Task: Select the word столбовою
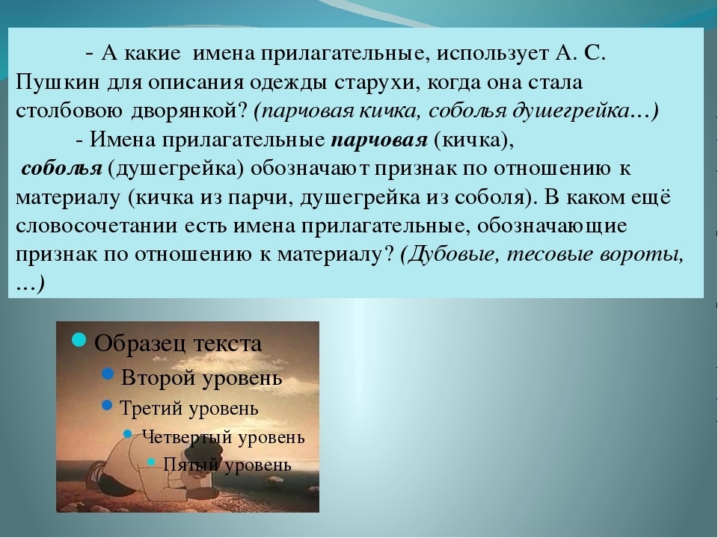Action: click(69, 111)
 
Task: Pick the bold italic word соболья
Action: click(62, 168)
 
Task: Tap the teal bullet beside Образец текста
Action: click(79, 340)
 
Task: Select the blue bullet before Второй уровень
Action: click(108, 374)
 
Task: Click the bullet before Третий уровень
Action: click(108, 405)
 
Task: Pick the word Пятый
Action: click(190, 465)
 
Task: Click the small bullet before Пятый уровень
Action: click(151, 462)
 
